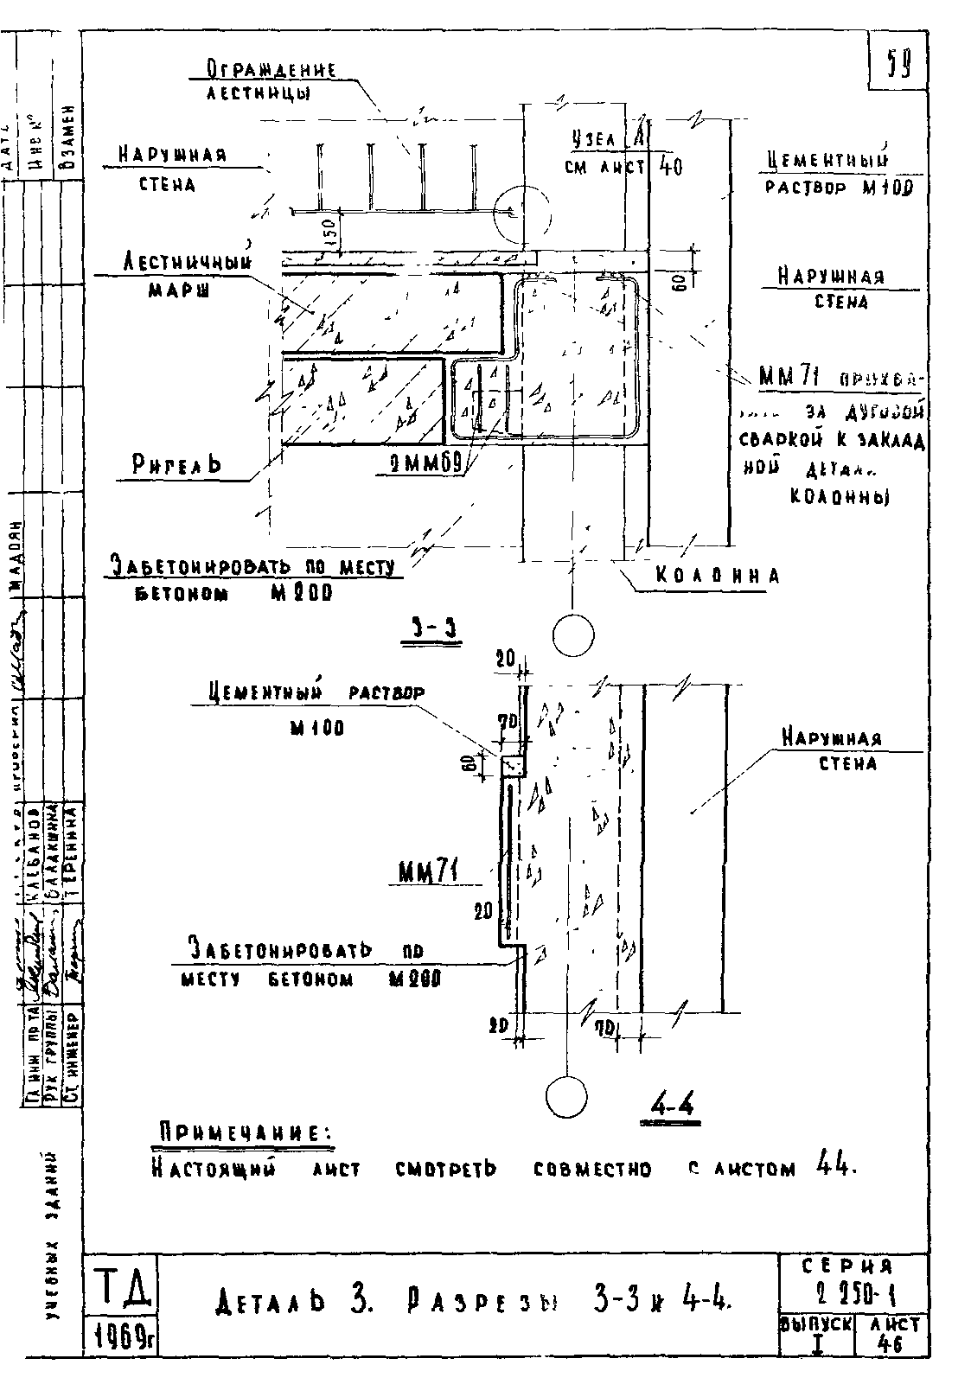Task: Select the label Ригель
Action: (x=176, y=465)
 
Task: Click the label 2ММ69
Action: (x=422, y=466)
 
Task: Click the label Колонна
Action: (x=717, y=576)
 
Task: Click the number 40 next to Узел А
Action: (x=671, y=166)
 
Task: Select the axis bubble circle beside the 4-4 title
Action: (x=567, y=1096)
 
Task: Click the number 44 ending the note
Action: (x=834, y=1168)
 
